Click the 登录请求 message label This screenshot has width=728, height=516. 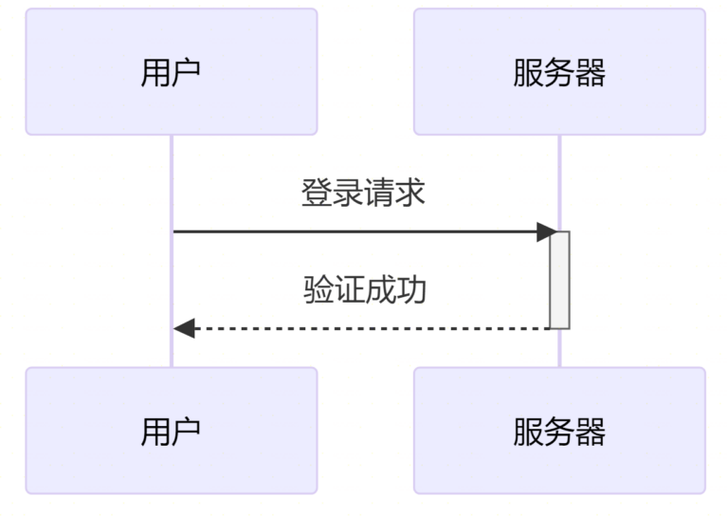click(x=363, y=193)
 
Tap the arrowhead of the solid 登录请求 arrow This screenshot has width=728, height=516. click(x=545, y=231)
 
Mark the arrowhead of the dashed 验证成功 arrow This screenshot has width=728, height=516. click(x=185, y=329)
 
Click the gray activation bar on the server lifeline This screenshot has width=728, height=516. click(x=560, y=281)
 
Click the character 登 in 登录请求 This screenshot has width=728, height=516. click(x=317, y=193)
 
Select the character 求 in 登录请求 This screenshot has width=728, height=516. click(x=410, y=193)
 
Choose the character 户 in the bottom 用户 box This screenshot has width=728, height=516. click(x=187, y=432)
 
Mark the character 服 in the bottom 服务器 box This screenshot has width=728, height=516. click(x=528, y=432)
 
